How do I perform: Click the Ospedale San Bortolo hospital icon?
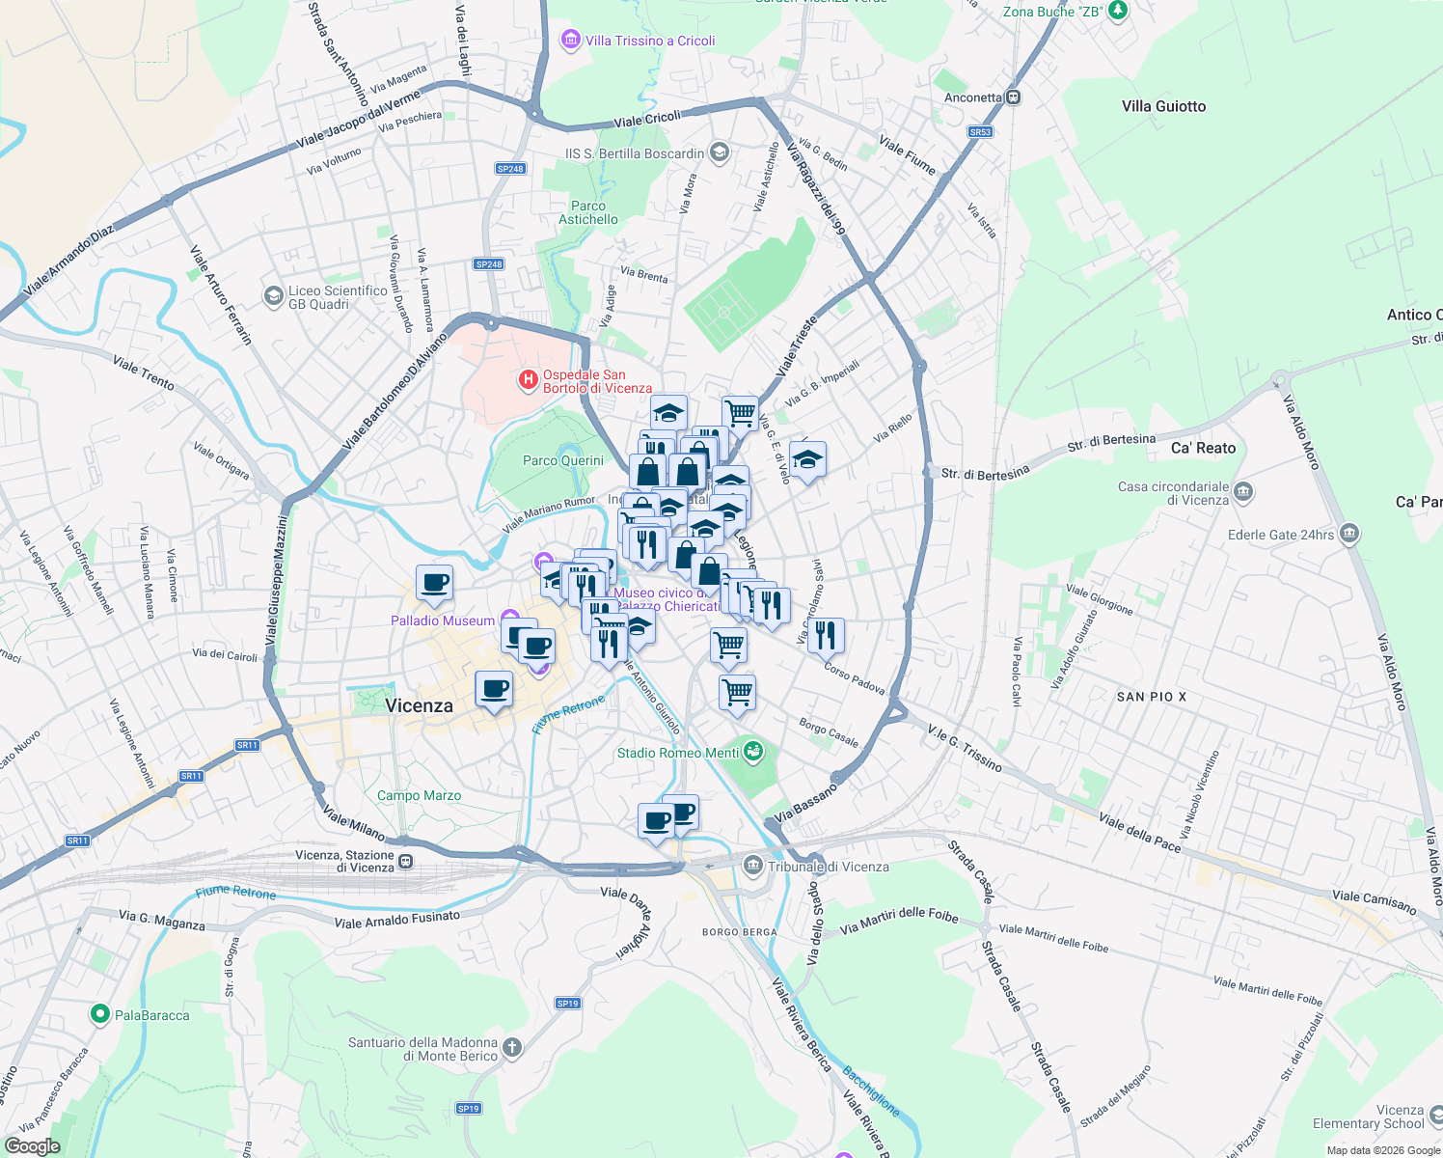(x=528, y=380)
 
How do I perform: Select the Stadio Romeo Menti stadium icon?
(x=753, y=751)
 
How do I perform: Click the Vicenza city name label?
(x=419, y=705)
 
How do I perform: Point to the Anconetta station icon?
(x=1013, y=97)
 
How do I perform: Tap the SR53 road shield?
(x=980, y=132)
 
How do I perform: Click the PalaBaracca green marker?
(x=99, y=1014)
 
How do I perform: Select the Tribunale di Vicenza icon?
(x=753, y=866)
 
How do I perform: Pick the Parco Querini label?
(x=562, y=460)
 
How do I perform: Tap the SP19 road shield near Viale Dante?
(x=568, y=1004)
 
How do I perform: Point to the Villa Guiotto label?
(x=1163, y=106)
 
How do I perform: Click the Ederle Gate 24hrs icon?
(x=1349, y=533)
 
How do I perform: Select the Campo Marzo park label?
(x=419, y=795)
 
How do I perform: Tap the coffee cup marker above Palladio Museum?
(x=434, y=583)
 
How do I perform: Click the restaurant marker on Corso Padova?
(x=825, y=635)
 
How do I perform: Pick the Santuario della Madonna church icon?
(x=512, y=1047)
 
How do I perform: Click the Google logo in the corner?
(x=33, y=1146)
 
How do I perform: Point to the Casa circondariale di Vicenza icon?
(x=1243, y=492)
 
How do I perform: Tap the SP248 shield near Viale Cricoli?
(x=510, y=169)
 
